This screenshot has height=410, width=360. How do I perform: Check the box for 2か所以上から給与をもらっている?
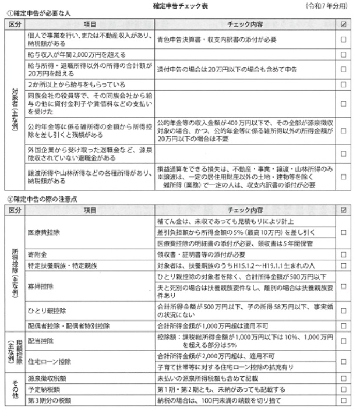point(344,84)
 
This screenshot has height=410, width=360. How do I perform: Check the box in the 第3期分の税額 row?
point(344,400)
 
